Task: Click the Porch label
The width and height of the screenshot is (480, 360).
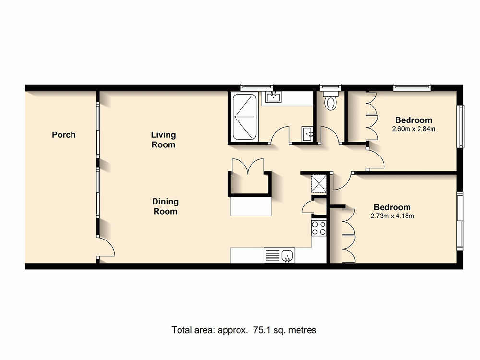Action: pos(64,135)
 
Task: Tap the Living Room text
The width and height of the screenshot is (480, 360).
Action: pos(163,140)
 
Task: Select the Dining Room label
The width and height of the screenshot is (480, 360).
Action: pos(165,206)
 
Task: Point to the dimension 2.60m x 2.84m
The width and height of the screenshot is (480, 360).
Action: pos(413,129)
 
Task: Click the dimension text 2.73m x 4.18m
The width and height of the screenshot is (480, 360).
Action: pos(392,216)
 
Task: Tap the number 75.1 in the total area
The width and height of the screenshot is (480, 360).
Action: pos(260,330)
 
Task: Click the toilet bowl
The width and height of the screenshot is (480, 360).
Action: pos(330,102)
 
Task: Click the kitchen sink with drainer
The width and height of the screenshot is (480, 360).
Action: pos(280,255)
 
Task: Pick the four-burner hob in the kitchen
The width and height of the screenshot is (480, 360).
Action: pos(319,228)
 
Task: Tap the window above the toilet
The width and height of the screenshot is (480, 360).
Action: pos(330,87)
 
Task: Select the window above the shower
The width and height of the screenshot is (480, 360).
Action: pos(256,87)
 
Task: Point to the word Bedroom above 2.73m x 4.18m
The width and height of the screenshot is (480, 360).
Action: pos(392,207)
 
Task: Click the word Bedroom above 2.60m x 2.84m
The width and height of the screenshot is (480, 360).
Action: pos(413,120)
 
